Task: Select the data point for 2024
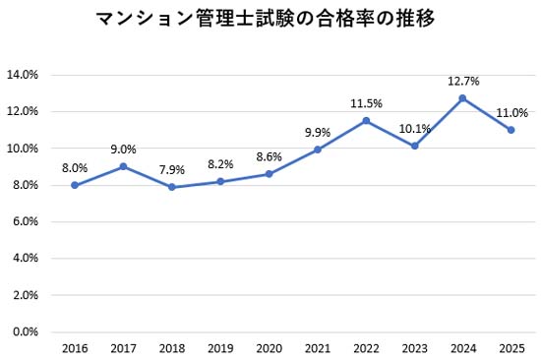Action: click(x=462, y=97)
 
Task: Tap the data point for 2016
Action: click(x=75, y=185)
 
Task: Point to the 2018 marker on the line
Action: click(x=172, y=187)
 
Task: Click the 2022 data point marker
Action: click(x=366, y=120)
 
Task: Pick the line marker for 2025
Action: click(x=511, y=130)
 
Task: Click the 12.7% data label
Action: click(x=462, y=80)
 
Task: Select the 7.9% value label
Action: click(x=172, y=168)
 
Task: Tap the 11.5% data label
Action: click(x=366, y=102)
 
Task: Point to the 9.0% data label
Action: click(x=123, y=149)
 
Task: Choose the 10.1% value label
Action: click(x=414, y=128)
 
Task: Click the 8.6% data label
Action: click(x=269, y=155)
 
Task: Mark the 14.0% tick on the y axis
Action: click(x=23, y=75)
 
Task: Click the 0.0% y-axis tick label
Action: click(x=25, y=332)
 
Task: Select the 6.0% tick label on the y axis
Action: click(x=25, y=222)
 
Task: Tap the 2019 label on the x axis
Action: click(x=220, y=349)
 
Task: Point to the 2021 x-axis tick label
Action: click(x=317, y=349)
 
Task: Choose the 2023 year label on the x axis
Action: click(x=414, y=349)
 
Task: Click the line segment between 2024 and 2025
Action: click(x=487, y=114)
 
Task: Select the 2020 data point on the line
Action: click(x=269, y=174)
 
